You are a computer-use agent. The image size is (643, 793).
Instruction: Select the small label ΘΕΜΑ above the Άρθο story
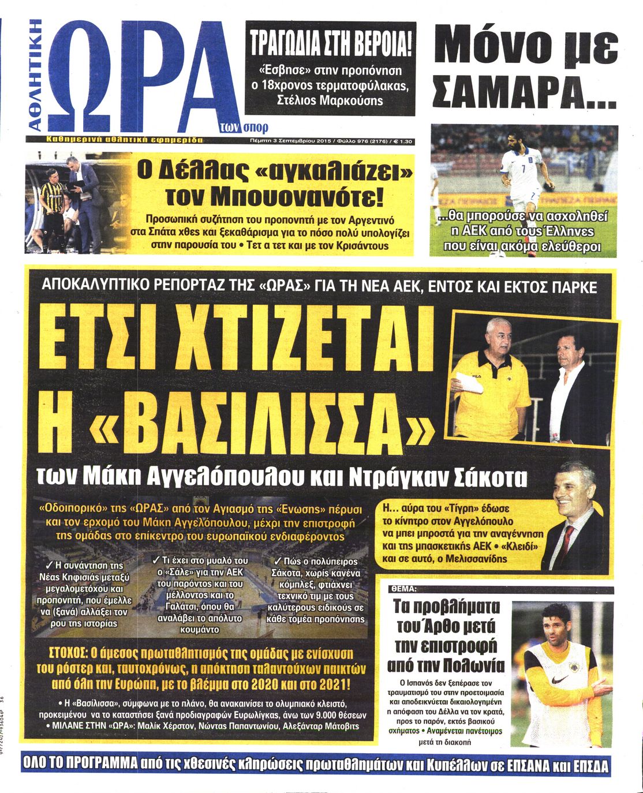tap(402, 589)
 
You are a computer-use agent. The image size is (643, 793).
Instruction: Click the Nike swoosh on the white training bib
tap(559, 680)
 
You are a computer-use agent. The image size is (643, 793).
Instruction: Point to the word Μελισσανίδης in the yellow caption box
tap(474, 558)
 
